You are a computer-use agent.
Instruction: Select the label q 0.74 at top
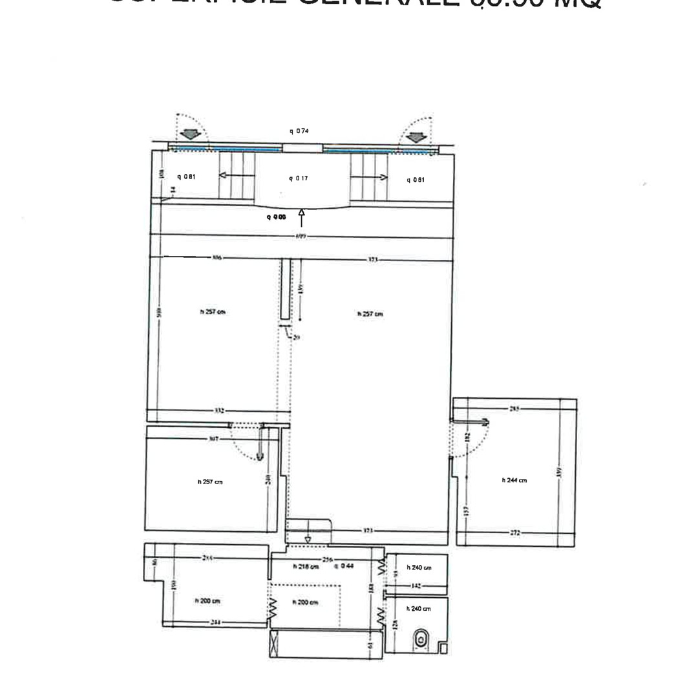[x=299, y=131]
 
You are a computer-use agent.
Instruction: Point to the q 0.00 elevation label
[x=276, y=217]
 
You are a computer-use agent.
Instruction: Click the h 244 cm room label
[x=514, y=480]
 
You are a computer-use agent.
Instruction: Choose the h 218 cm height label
[x=306, y=567]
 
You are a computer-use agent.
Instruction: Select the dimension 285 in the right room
[x=514, y=408]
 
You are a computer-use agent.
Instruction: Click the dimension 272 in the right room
[x=514, y=534]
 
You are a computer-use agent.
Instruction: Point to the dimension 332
[x=219, y=411]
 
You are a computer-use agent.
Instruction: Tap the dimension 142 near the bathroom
[x=416, y=586]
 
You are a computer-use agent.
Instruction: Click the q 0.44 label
[x=343, y=567]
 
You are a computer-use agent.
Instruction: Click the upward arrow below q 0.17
[x=302, y=217]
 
